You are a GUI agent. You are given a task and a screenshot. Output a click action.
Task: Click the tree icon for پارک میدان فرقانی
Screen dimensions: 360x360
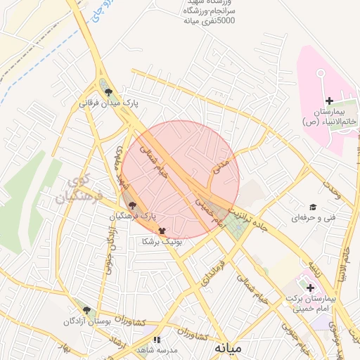click(x=107, y=91)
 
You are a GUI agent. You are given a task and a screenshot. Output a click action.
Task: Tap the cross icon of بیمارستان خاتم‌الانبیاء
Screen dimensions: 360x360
click(x=330, y=101)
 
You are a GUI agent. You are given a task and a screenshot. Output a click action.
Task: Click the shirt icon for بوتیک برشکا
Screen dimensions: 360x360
click(x=162, y=230)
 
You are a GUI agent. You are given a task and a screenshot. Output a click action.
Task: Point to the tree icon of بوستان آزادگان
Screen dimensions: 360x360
click(x=86, y=310)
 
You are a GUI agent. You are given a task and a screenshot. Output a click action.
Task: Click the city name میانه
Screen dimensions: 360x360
click(x=230, y=347)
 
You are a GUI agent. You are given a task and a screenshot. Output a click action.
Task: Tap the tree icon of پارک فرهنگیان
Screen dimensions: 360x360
click(x=134, y=205)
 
